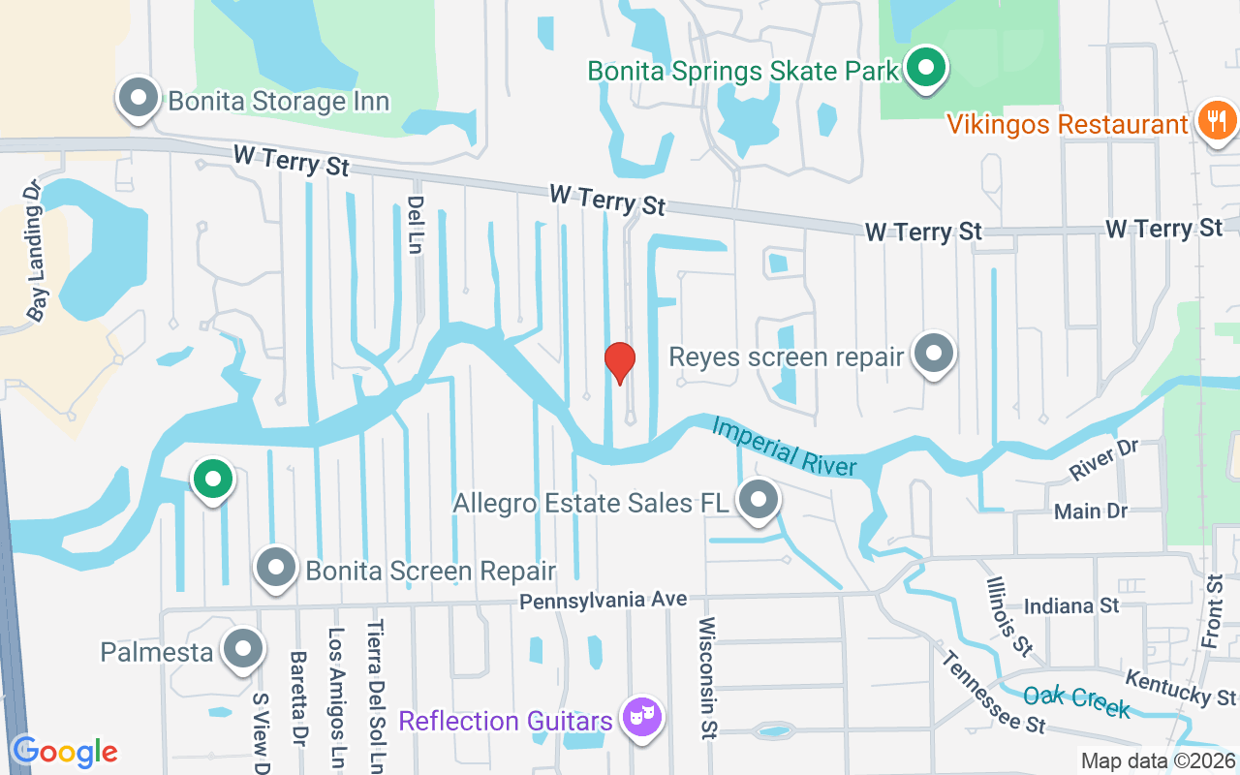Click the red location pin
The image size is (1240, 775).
pyautogui.click(x=619, y=362)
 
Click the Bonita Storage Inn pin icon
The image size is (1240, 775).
pyautogui.click(x=139, y=99)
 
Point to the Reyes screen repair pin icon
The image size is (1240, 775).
pyautogui.click(x=934, y=354)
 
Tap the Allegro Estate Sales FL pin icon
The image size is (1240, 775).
pyautogui.click(x=759, y=500)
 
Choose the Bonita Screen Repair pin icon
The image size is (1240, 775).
pyautogui.click(x=276, y=568)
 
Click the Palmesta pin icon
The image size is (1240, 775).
pyautogui.click(x=242, y=650)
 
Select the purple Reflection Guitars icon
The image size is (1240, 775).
pyautogui.click(x=640, y=718)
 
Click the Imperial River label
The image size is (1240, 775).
pyautogui.click(x=785, y=447)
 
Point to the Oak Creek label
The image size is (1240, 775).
pyautogui.click(x=1076, y=701)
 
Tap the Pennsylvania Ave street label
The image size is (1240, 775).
pyautogui.click(x=603, y=602)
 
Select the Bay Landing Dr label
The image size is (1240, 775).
pyautogui.click(x=36, y=250)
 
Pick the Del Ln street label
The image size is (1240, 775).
pyautogui.click(x=416, y=225)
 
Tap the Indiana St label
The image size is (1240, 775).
pyautogui.click(x=1071, y=605)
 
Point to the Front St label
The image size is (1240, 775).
pyautogui.click(x=1212, y=611)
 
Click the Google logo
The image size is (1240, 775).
pyautogui.click(x=65, y=752)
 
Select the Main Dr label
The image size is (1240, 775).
pyautogui.click(x=1091, y=511)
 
